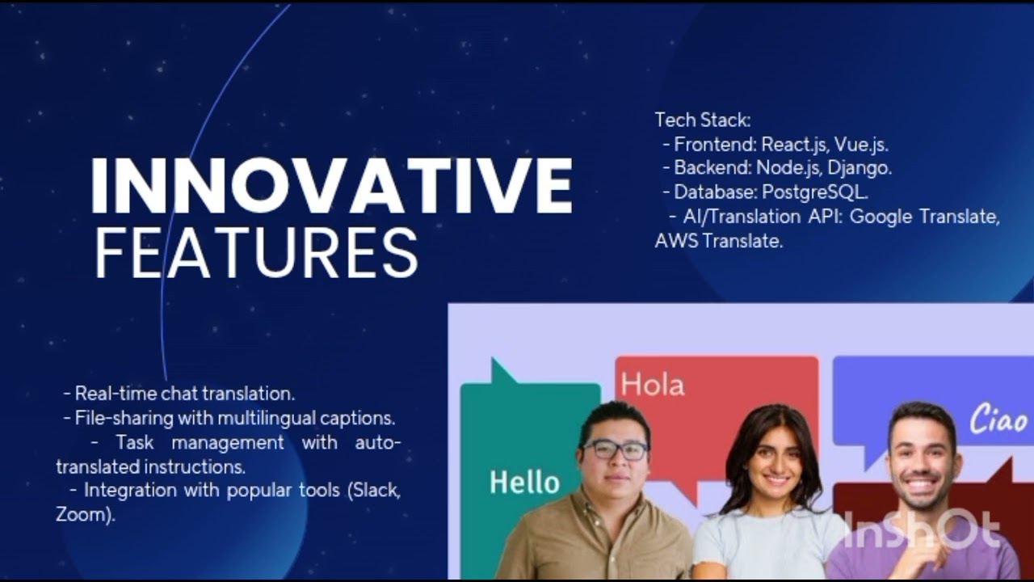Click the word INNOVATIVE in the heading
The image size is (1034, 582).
(x=331, y=186)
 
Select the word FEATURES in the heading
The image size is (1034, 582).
(x=256, y=252)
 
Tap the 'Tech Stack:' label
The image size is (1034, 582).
(x=703, y=120)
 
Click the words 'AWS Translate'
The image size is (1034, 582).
(x=719, y=240)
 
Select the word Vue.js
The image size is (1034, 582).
(x=861, y=145)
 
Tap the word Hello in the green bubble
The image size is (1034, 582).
(x=524, y=483)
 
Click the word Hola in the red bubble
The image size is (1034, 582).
(x=653, y=385)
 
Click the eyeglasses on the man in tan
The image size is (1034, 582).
(x=616, y=450)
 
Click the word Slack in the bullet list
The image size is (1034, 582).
(x=375, y=490)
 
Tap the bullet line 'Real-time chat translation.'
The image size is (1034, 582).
(x=184, y=394)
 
